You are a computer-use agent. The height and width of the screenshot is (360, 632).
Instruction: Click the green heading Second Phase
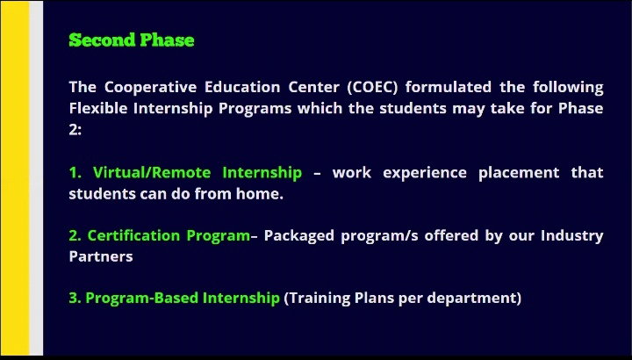point(132,40)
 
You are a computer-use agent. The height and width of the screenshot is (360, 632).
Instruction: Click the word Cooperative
point(151,88)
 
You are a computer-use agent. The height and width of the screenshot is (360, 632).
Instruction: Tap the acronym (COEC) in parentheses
point(372,88)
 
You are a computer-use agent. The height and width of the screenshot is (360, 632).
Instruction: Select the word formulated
point(449,87)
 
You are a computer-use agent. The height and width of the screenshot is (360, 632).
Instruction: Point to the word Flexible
point(98,109)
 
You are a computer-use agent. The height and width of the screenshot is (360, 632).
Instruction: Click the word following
point(568,88)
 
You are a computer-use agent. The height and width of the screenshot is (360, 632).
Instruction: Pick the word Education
point(242,87)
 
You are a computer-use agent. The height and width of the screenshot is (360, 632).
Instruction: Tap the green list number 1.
point(75,173)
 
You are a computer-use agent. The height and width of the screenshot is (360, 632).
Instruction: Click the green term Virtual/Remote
point(152,173)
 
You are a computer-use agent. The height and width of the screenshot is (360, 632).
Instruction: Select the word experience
point(425,173)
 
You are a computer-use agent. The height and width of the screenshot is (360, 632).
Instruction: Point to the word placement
point(519,173)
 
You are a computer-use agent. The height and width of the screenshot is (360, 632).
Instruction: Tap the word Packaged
point(299,236)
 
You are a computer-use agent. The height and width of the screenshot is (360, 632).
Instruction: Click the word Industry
point(572,236)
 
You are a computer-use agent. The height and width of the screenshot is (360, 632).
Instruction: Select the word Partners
point(101,256)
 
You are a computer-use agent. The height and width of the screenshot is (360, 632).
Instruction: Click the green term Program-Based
point(142,299)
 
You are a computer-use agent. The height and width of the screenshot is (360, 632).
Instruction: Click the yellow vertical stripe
point(15,177)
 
